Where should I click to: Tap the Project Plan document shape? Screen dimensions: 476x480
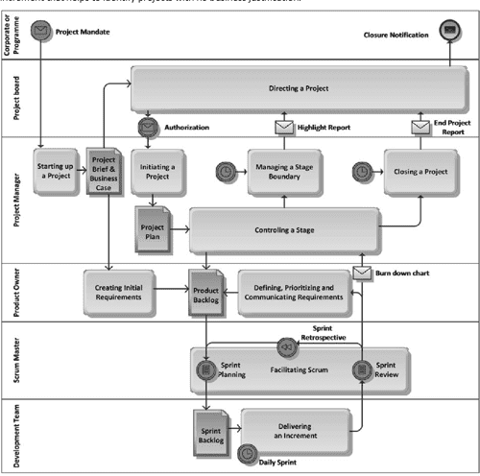(152, 230)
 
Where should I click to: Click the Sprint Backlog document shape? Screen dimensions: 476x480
(211, 423)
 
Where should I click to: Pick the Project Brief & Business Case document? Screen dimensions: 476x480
(104, 172)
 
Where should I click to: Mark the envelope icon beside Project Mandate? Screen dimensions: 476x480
(40, 32)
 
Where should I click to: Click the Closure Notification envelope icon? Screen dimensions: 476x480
(448, 32)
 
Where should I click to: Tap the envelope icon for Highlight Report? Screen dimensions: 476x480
(285, 127)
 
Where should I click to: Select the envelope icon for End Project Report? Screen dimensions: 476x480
(420, 127)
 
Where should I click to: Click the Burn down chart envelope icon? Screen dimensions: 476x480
(362, 274)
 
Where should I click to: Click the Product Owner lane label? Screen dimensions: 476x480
(14, 292)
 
